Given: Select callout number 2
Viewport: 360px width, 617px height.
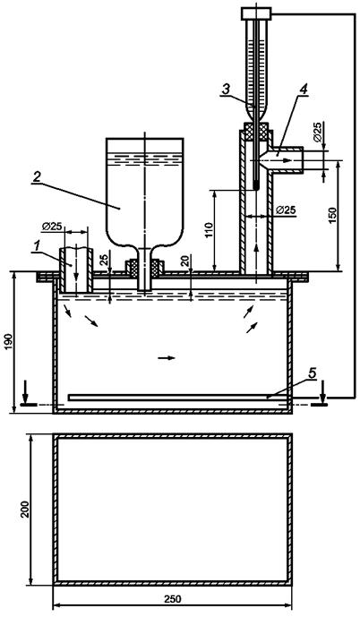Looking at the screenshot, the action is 36,177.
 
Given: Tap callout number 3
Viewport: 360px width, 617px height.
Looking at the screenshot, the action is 226,90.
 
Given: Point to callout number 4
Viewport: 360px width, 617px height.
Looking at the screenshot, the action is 304,90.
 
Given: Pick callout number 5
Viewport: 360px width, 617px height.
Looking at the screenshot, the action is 312,373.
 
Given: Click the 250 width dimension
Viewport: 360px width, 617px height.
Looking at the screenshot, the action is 172,599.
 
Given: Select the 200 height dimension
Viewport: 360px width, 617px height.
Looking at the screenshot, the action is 25,510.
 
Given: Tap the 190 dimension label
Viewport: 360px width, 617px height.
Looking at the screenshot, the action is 8,342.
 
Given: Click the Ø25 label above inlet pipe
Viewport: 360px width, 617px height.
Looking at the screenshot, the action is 51,227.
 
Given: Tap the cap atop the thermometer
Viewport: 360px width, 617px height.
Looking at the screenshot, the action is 256,13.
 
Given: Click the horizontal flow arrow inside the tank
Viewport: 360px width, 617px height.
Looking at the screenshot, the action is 166,357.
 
